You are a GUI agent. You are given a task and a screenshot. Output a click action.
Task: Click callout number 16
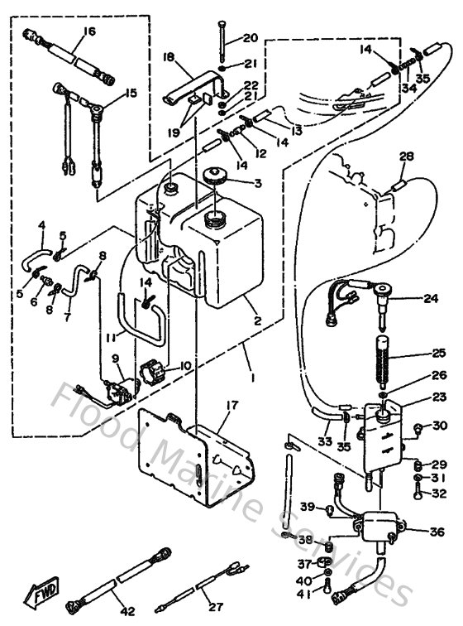tap(88, 32)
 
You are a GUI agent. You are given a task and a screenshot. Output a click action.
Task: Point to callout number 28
tap(405, 156)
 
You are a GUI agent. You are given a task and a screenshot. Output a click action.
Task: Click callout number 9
tap(116, 359)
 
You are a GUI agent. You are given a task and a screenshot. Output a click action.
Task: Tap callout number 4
tap(41, 225)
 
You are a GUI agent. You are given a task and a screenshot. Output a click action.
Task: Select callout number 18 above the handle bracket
tap(168, 57)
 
